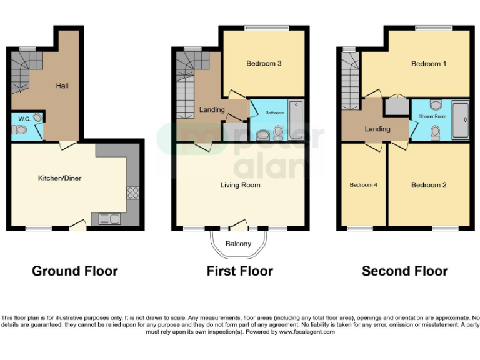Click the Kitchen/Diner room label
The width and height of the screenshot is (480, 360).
tap(60, 178)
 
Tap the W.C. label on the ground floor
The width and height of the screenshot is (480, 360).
tap(24, 118)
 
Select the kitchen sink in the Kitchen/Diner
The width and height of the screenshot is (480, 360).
tap(110, 219)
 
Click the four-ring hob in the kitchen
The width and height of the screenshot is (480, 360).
tap(132, 192)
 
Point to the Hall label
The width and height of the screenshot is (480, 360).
tap(62, 86)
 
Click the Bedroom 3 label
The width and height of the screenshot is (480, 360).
tap(263, 63)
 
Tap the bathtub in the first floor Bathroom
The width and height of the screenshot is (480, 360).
tap(296, 119)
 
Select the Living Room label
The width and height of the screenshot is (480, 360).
tap(240, 185)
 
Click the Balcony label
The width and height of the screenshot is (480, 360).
tap(238, 243)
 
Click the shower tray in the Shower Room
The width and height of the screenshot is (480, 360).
tap(460, 120)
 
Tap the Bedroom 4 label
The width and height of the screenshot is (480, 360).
tap(363, 185)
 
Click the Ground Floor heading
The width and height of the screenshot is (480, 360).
tap(75, 271)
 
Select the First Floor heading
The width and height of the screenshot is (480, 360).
tap(240, 271)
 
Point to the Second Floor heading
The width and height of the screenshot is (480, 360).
tap(405, 271)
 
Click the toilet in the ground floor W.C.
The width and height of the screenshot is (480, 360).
tap(20, 131)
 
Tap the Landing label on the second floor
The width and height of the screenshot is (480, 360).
tap(377, 129)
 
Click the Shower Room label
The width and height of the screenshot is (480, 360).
tap(432, 116)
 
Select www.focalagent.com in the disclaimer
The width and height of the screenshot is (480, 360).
tap(306, 332)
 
